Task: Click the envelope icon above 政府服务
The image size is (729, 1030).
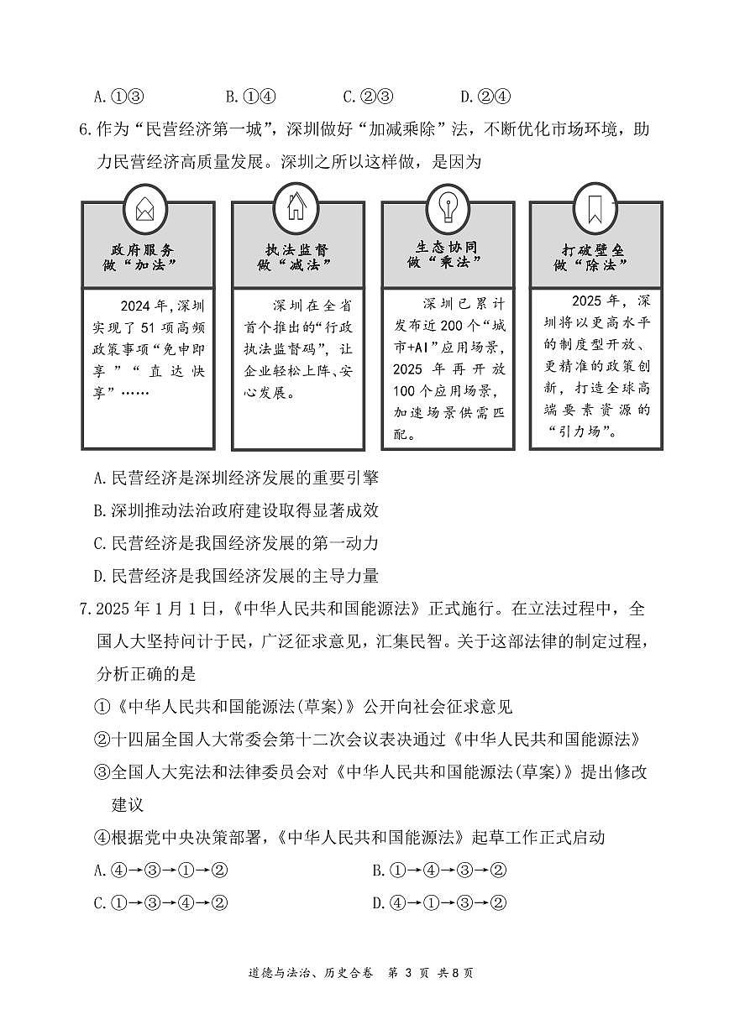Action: [144, 206]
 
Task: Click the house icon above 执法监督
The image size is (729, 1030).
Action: [295, 205]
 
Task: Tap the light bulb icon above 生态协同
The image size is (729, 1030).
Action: [444, 204]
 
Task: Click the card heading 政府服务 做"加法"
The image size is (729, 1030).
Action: [144, 257]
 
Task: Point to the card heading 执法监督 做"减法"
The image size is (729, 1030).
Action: [295, 257]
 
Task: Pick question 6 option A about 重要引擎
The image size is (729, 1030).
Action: [236, 478]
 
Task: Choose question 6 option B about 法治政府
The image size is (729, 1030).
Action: [236, 510]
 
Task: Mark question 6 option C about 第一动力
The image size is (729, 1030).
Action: [236, 543]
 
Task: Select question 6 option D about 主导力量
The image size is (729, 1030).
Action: [236, 576]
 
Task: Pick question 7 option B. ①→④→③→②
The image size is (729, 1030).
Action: [439, 870]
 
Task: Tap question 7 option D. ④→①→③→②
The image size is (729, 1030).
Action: [439, 903]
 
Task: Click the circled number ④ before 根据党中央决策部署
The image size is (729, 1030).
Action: [102, 837]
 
